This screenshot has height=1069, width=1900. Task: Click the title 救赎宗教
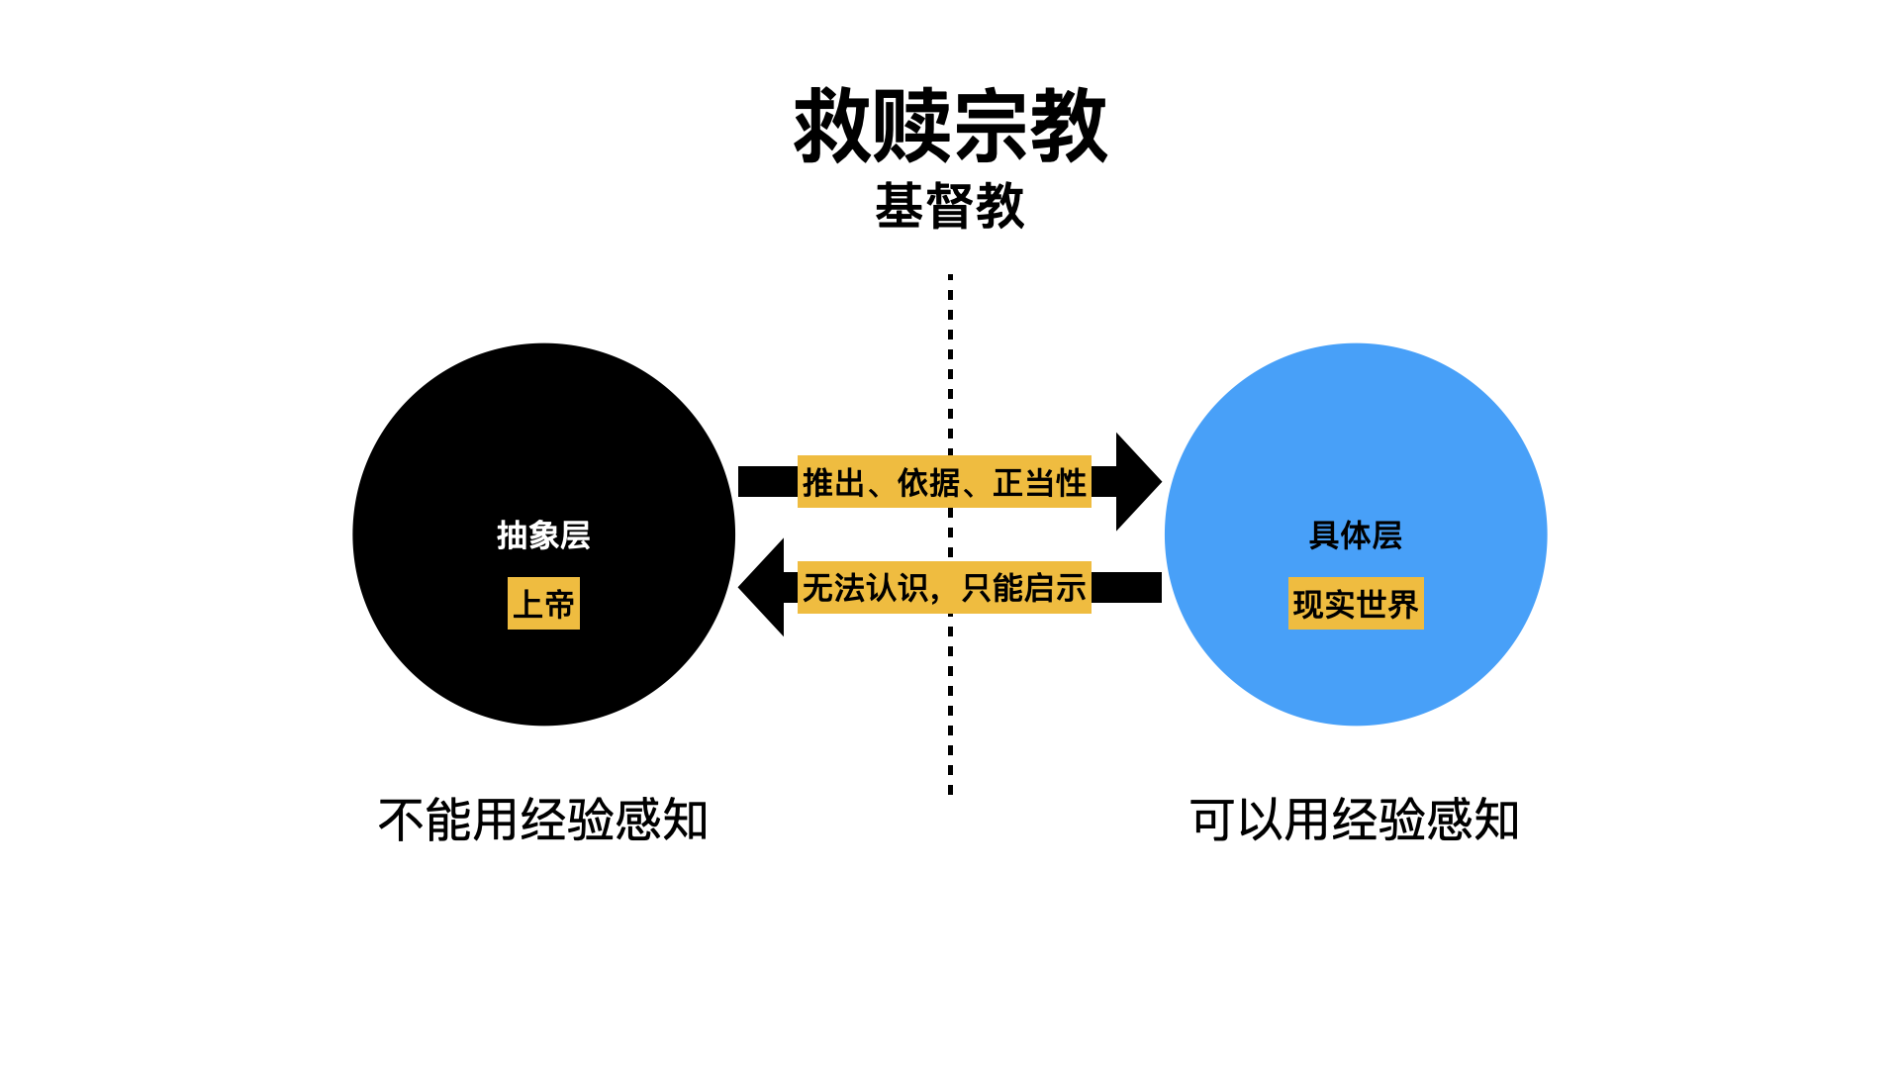click(x=950, y=126)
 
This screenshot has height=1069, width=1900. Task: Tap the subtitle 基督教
click(x=950, y=206)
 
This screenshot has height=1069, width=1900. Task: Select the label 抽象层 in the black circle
click(x=543, y=535)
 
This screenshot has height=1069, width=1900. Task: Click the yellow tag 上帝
click(x=543, y=604)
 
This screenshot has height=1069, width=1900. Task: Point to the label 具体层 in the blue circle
click(x=1356, y=535)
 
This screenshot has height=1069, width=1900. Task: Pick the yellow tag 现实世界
click(x=1356, y=604)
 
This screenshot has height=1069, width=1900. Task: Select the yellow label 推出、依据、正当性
click(x=944, y=482)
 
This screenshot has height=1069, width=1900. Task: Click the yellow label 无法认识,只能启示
click(x=944, y=588)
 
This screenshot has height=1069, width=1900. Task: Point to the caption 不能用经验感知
click(x=543, y=821)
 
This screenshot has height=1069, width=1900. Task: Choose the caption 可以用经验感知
click(x=1355, y=821)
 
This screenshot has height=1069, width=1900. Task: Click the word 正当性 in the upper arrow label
click(x=1040, y=483)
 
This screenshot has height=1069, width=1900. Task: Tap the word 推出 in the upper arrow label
click(x=833, y=483)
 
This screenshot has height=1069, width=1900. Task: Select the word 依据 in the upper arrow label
click(x=928, y=483)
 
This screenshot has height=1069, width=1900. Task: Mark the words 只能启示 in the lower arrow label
click(x=1024, y=588)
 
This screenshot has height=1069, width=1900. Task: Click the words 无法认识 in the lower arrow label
click(x=865, y=588)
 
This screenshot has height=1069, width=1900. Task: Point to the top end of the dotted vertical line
click(x=950, y=278)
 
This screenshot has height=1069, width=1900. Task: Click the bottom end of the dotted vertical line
click(x=950, y=791)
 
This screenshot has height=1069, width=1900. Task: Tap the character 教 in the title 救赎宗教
click(x=1069, y=126)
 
